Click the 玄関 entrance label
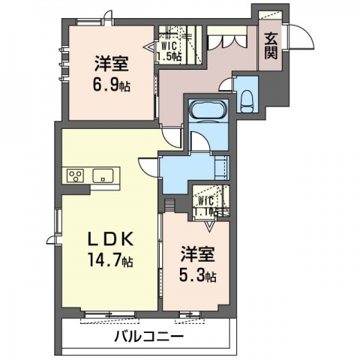[271, 46]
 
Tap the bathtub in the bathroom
[208, 109]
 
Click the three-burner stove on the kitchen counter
[75, 175]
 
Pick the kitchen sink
[103, 175]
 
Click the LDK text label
[110, 241]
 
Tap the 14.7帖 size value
[110, 259]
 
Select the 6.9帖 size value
[112, 85]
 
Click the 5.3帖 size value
[197, 276]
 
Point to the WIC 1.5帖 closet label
[169, 51]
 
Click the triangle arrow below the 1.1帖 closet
[209, 225]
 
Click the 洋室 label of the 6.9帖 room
[112, 64]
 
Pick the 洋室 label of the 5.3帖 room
[198, 254]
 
